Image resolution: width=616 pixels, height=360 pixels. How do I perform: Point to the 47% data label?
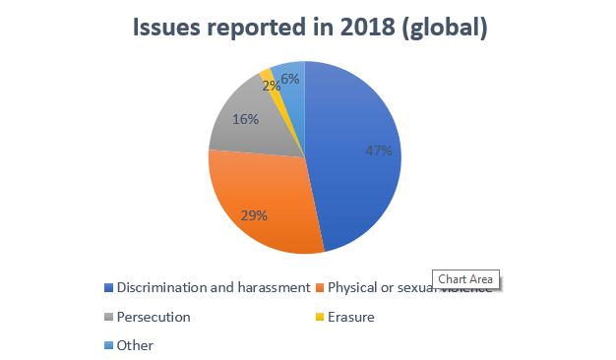pyautogui.click(x=379, y=150)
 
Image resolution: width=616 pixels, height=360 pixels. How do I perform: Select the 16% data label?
pyautogui.click(x=246, y=119)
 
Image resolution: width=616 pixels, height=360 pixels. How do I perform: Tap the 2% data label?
pyautogui.click(x=269, y=85)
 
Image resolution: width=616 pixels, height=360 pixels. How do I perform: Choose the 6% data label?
pyautogui.click(x=290, y=78)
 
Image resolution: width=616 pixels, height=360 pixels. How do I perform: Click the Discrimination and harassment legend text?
pyautogui.click(x=215, y=288)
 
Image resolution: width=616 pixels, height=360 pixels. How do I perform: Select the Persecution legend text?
pyautogui.click(x=154, y=318)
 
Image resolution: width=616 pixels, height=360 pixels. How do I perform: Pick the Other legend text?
pyautogui.click(x=135, y=345)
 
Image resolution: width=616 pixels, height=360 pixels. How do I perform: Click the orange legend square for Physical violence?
pyautogui.click(x=319, y=288)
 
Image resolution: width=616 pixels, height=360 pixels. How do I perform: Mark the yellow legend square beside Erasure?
pyautogui.click(x=319, y=318)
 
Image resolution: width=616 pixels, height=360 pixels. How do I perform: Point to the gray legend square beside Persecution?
pyautogui.click(x=107, y=318)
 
